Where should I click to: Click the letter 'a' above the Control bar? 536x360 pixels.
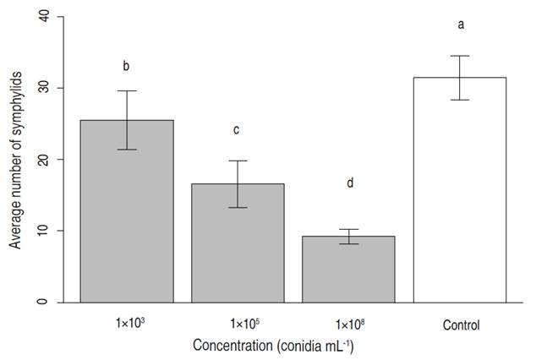click(461, 25)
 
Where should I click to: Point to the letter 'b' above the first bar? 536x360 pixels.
click(127, 65)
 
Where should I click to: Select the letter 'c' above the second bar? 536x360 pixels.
click(238, 129)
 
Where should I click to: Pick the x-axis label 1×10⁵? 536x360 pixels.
click(238, 325)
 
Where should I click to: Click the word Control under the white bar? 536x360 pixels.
click(460, 325)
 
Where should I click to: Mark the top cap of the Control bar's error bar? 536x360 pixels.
click(459, 56)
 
